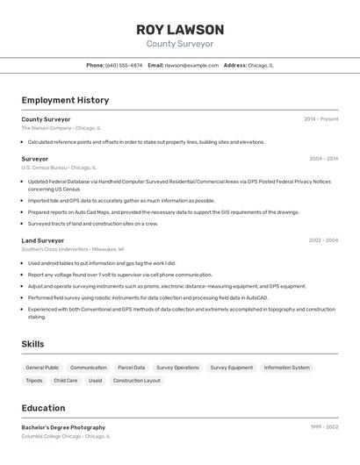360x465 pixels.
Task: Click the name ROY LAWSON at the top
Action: (x=179, y=29)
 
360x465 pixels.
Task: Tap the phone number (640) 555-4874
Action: (x=124, y=65)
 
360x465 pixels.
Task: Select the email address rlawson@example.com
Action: (x=191, y=65)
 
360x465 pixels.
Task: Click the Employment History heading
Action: (x=65, y=100)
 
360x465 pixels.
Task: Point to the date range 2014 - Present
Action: (x=320, y=119)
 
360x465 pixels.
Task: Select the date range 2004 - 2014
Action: (x=323, y=159)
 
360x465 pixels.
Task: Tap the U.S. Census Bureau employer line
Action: (x=59, y=168)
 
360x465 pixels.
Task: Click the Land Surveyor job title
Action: (x=43, y=240)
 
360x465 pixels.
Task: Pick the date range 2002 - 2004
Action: (x=323, y=240)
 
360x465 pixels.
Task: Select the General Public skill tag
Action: (x=42, y=368)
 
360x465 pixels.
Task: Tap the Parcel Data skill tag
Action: (x=132, y=368)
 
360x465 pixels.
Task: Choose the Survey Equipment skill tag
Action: (x=232, y=368)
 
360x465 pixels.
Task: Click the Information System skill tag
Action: (x=287, y=368)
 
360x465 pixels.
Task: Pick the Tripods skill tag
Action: (x=34, y=381)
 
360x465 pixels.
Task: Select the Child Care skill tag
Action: (x=66, y=381)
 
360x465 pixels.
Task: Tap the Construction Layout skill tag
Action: (x=137, y=381)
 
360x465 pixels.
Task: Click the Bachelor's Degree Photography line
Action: (x=63, y=427)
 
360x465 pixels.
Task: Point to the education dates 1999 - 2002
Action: (x=324, y=427)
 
